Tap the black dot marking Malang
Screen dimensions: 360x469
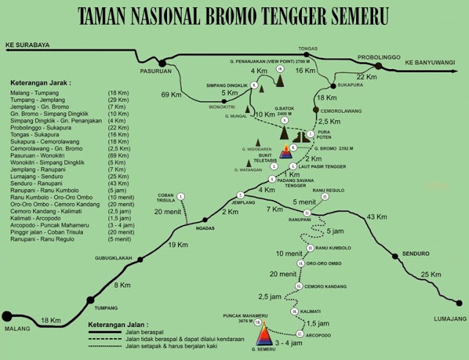click(8, 316)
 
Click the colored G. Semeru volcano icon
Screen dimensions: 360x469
click(262, 334)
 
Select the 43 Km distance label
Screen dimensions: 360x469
click(377, 217)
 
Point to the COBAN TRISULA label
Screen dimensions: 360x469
click(170, 200)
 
